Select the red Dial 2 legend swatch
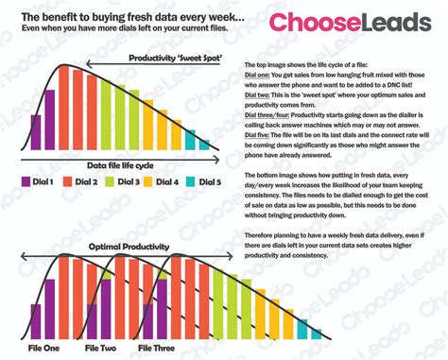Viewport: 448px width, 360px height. pos(68,180)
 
